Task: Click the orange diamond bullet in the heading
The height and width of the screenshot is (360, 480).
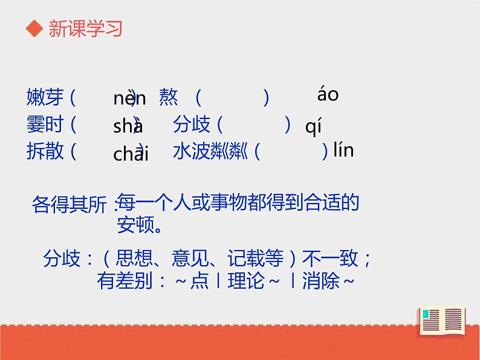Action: pos(35,30)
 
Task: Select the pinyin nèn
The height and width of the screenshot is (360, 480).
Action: pos(129,98)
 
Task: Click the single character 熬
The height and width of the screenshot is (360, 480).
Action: pos(169,97)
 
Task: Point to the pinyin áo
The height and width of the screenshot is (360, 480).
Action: pos(328,95)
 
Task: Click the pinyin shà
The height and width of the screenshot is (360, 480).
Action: pos(128,126)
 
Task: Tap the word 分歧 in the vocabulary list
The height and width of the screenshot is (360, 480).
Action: pos(192,125)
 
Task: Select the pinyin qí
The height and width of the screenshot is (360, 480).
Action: pos(313,127)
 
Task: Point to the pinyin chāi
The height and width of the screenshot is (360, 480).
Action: pos(131,153)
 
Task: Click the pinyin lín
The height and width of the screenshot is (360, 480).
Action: pos(343,150)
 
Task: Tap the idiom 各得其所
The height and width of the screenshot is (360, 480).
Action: pos(68,204)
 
